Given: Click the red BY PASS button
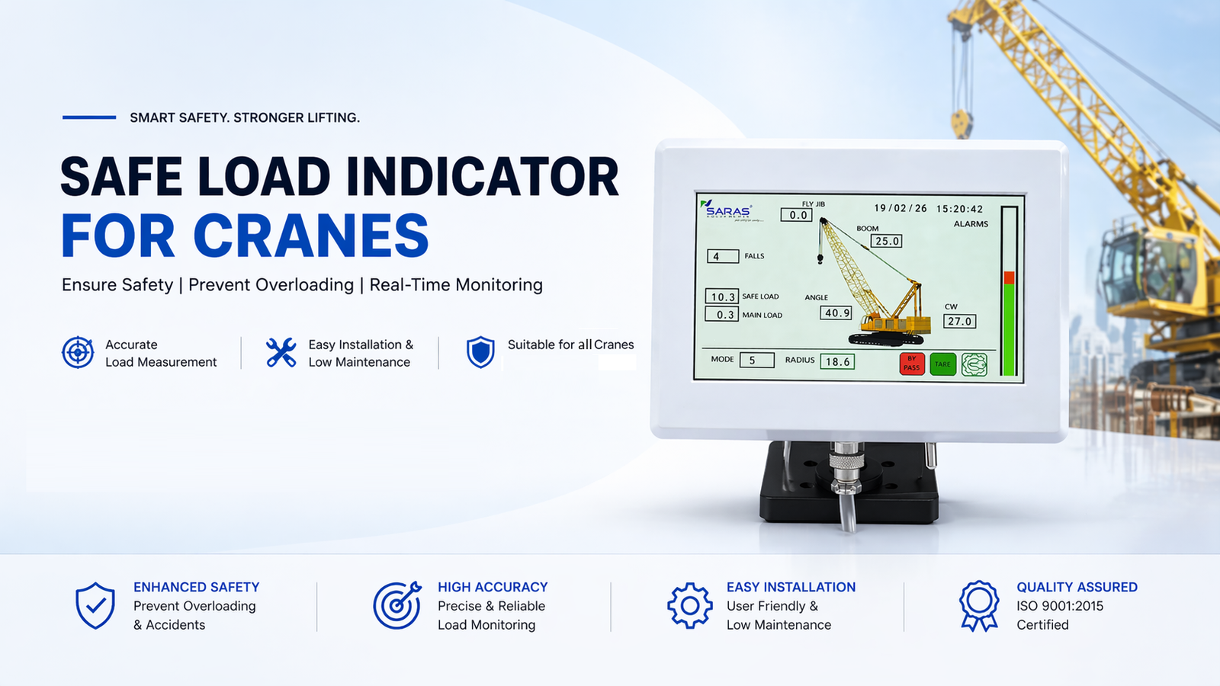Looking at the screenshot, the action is click(912, 364).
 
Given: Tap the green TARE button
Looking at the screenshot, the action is click(942, 364).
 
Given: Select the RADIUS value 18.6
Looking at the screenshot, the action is click(837, 361).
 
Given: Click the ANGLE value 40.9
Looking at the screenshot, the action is click(836, 313).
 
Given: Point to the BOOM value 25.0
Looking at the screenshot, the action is click(886, 241).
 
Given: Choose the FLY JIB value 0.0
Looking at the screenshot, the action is click(796, 214).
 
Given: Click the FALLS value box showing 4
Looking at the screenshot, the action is click(723, 256).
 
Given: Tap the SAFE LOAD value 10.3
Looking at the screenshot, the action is click(722, 297).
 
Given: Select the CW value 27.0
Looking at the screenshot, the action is click(959, 321).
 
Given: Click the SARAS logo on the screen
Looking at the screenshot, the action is click(727, 210).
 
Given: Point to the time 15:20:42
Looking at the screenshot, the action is click(960, 209).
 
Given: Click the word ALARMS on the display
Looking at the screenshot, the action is click(971, 224).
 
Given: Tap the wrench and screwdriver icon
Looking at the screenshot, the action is click(281, 352).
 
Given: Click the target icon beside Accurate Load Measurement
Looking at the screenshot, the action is click(78, 352).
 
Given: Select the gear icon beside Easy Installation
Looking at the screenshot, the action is click(689, 605).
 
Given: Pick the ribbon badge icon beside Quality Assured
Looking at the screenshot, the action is click(979, 605).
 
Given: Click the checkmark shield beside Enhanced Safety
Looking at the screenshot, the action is click(95, 605).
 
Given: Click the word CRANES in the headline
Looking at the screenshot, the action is click(311, 236).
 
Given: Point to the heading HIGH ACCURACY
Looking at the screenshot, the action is click(493, 587).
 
